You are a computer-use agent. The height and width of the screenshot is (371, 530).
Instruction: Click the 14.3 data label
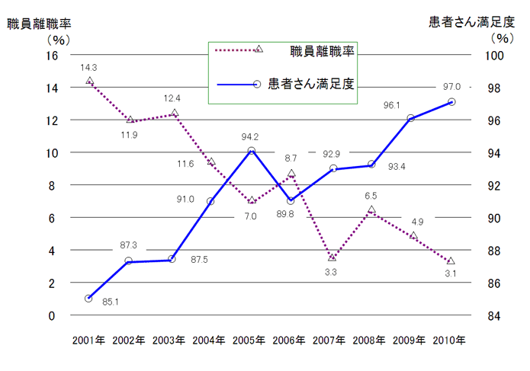click(89, 68)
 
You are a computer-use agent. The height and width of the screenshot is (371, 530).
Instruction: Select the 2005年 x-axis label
click(250, 340)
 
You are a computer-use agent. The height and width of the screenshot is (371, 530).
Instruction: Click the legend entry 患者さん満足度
click(313, 82)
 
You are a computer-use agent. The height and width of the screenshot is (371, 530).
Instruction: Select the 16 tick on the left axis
click(51, 56)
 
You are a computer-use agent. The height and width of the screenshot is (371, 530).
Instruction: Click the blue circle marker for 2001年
click(88, 298)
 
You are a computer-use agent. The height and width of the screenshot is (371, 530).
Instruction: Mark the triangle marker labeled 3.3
click(332, 257)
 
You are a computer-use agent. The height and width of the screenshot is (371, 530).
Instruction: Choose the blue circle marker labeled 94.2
click(251, 150)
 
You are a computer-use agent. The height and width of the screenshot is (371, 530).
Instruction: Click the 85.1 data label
click(110, 302)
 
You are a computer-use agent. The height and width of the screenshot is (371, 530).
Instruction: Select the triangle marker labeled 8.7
click(291, 174)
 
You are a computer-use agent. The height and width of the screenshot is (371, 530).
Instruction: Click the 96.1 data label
click(392, 105)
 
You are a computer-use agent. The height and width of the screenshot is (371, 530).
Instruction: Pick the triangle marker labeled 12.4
click(175, 114)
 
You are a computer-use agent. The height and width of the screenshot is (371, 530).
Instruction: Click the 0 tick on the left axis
click(54, 315)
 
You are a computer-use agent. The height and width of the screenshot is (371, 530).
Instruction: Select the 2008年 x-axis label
click(371, 340)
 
